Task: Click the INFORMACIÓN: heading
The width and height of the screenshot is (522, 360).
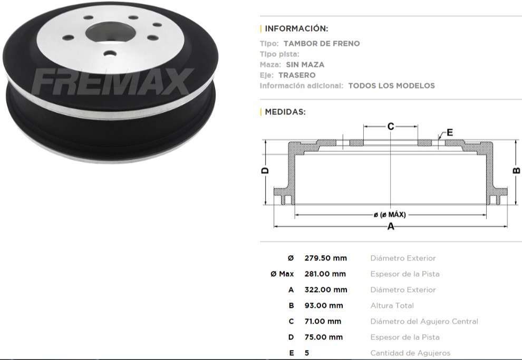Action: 296,28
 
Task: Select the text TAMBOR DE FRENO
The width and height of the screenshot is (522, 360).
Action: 322,44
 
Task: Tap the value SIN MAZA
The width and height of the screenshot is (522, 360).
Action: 305,64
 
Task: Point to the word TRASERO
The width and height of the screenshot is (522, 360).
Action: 297,75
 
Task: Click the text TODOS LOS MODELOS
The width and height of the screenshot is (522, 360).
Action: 391,85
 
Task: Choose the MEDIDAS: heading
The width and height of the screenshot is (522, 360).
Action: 285,112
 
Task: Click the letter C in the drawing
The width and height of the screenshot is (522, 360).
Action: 391,127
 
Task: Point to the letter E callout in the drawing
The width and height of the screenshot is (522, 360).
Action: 449,132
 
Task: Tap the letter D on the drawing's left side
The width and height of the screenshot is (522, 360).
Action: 265,170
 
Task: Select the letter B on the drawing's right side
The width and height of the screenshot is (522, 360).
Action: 516,170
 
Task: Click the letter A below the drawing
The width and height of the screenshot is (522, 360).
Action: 391,227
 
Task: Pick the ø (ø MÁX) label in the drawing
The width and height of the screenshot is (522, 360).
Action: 390,215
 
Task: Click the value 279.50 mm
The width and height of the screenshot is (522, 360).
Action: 325,258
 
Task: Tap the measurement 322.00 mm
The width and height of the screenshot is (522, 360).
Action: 325,290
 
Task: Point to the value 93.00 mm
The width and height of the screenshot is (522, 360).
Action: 323,306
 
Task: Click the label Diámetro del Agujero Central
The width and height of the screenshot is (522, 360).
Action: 424,322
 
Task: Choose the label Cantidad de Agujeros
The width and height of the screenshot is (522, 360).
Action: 410,353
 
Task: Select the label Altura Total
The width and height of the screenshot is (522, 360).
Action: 392,306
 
